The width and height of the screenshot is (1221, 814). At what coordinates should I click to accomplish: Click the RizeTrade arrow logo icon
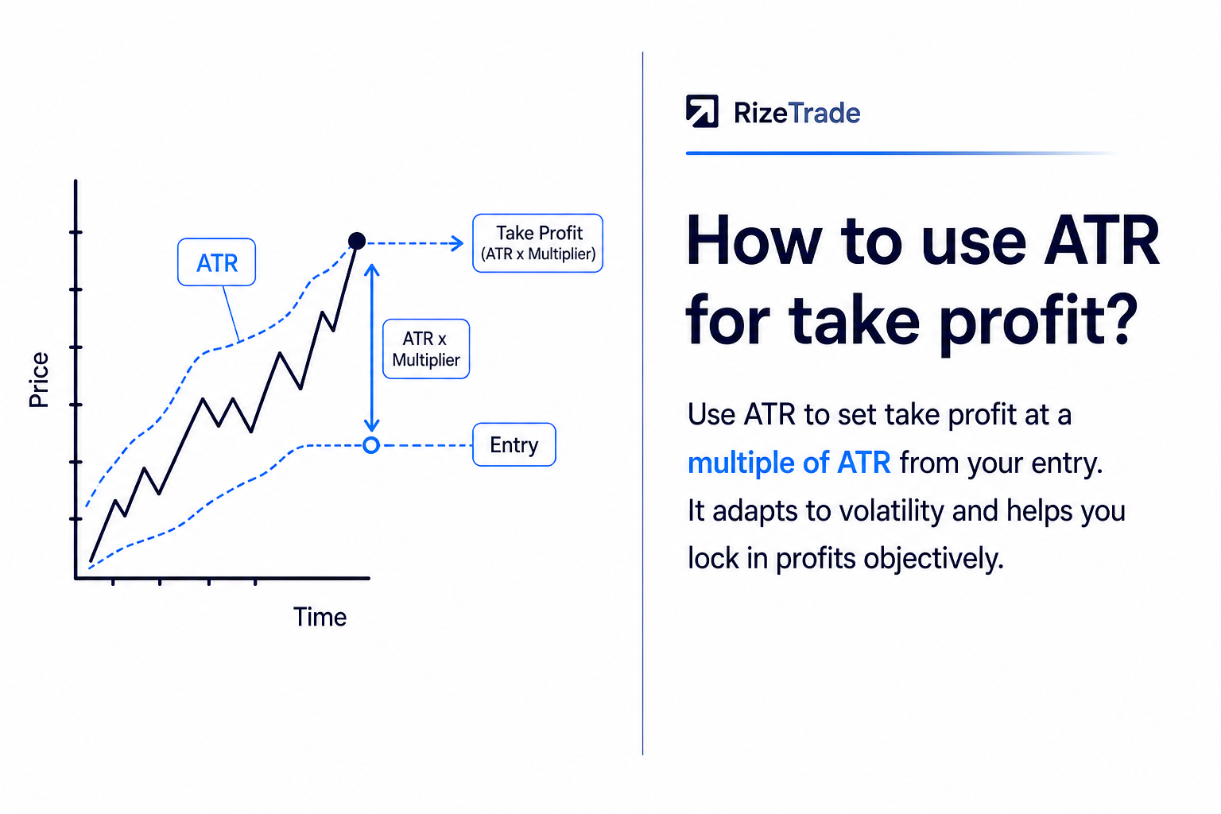(x=702, y=111)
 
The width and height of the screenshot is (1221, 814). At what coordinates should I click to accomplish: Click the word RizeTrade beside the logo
(x=797, y=114)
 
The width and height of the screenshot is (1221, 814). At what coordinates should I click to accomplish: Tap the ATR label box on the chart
(x=216, y=262)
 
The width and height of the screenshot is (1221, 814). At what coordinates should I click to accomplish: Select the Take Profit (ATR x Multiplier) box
(x=538, y=243)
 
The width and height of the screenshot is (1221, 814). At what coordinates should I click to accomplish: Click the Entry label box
(x=514, y=444)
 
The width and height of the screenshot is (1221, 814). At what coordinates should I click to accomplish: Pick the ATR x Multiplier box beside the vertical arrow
(x=426, y=349)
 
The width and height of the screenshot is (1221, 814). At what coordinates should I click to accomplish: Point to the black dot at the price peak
(x=356, y=240)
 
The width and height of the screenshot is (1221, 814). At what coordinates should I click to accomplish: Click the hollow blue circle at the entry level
(x=371, y=445)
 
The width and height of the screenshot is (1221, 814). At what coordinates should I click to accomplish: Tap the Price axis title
(x=39, y=380)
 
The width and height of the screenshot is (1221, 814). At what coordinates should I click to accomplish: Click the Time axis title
(x=320, y=617)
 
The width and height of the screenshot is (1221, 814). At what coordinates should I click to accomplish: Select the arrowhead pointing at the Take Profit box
(x=457, y=243)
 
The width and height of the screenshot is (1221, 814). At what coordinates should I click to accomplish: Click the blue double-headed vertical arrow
(x=372, y=348)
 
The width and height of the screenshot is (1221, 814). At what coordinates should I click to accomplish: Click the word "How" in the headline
(x=754, y=240)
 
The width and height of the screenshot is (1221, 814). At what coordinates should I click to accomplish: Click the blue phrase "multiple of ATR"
(x=789, y=463)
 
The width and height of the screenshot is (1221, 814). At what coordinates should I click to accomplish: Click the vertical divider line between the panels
(x=642, y=404)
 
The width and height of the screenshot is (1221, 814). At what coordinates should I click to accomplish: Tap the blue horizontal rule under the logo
(x=902, y=153)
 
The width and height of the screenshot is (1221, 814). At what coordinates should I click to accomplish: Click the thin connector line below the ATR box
(x=231, y=314)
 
